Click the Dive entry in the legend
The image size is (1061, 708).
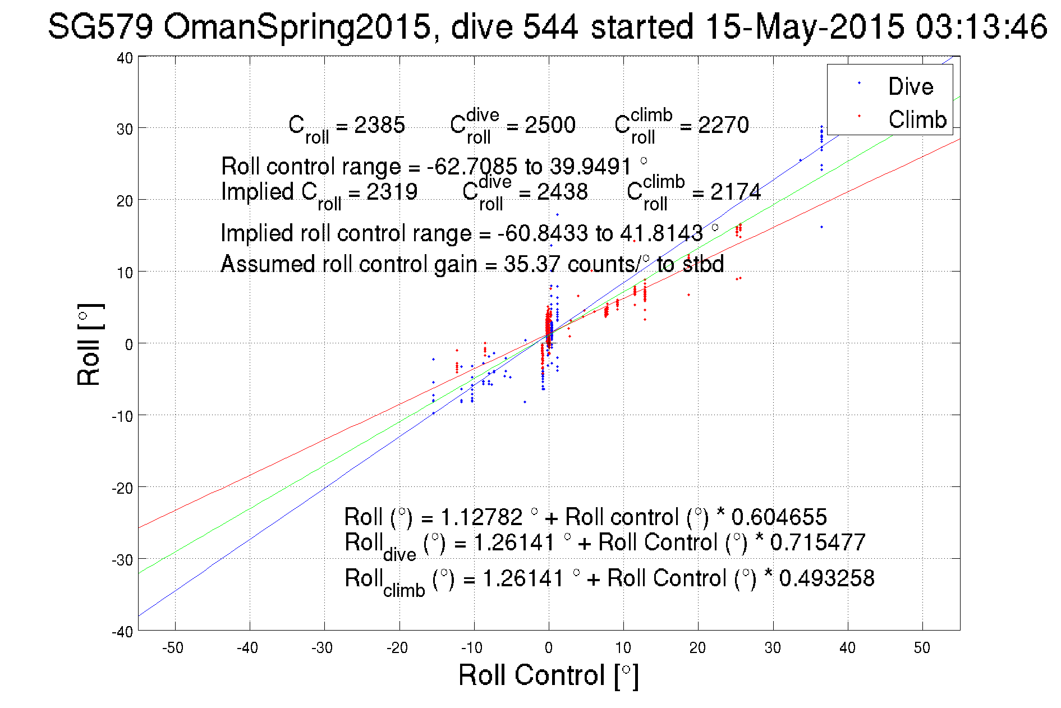[910, 86]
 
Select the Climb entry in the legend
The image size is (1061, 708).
[917, 119]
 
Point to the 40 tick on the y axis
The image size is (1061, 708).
[125, 58]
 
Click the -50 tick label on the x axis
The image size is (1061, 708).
[172, 648]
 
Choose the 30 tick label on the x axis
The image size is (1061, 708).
[773, 648]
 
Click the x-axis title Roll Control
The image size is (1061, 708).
[548, 675]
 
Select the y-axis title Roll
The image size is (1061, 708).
[89, 344]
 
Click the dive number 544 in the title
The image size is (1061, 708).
[550, 26]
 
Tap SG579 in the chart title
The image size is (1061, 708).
[100, 26]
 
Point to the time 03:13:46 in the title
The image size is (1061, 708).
[981, 26]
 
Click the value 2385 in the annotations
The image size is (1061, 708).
[379, 125]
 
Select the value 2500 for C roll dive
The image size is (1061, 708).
[550, 125]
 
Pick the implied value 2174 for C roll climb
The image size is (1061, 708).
[735, 192]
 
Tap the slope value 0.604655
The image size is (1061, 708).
[779, 517]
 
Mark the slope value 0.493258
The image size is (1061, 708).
[826, 578]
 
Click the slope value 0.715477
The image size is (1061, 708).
[817, 543]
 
